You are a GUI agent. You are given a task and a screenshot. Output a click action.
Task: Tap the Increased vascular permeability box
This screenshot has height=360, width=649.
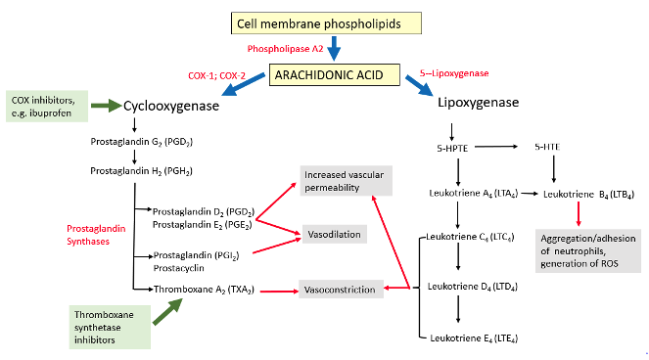point(344,181)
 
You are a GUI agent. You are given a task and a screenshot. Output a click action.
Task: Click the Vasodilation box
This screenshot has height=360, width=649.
point(335,235)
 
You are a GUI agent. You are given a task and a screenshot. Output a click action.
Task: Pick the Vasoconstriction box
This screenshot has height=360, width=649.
point(339,290)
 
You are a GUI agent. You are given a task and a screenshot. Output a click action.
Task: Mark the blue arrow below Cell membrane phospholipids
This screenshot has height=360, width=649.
point(336,48)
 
